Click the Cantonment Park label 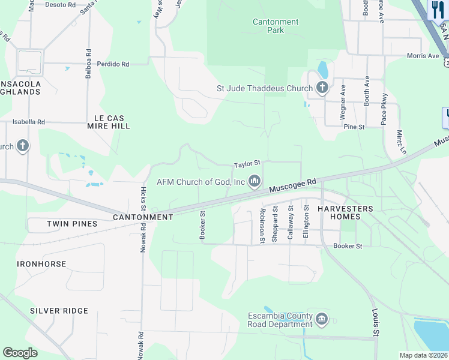tap(276, 26)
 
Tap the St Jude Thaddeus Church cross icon tap(322, 89)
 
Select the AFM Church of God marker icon tap(255, 181)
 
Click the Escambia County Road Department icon tap(322, 319)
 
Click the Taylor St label tap(247, 163)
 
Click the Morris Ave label tap(423, 56)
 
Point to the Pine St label tap(354, 127)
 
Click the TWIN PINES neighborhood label tap(72, 224)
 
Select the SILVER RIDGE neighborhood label tap(59, 311)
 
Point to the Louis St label tap(376, 323)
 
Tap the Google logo tap(20, 353)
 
